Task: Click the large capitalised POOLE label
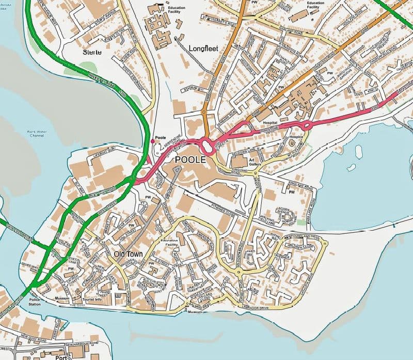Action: click(190, 160)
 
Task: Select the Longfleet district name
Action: click(204, 48)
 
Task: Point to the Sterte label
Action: click(92, 53)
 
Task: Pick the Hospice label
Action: click(296, 137)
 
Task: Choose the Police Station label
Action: click(35, 302)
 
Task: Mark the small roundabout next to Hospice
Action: click(306, 124)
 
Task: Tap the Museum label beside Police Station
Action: click(62, 299)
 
